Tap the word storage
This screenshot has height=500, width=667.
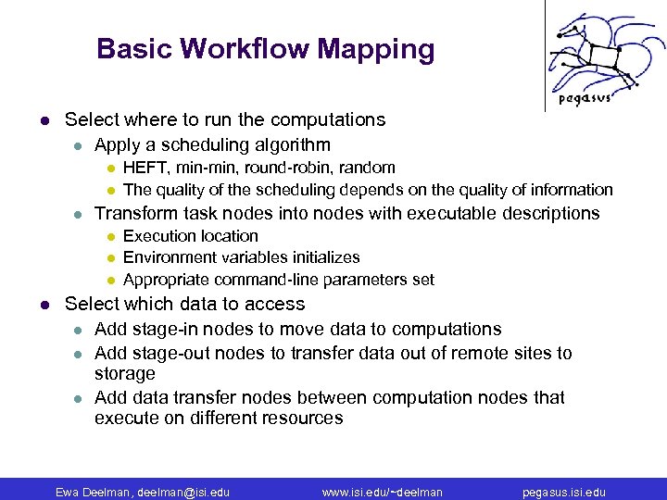125,373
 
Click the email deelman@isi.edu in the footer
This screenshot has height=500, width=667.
183,492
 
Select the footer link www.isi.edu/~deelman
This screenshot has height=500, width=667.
382,492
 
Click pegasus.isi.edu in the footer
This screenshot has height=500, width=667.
565,492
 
